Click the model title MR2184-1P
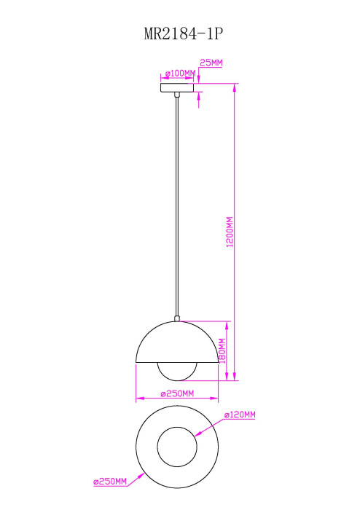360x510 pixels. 184,34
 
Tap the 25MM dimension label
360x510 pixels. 211,63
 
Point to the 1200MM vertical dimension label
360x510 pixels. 230,232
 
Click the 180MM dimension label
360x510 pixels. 222,351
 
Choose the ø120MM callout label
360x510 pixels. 240,415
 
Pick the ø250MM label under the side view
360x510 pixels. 177,393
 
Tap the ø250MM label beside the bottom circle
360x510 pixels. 110,482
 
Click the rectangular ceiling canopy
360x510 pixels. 177,87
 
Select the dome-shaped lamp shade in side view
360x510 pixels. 177,342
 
